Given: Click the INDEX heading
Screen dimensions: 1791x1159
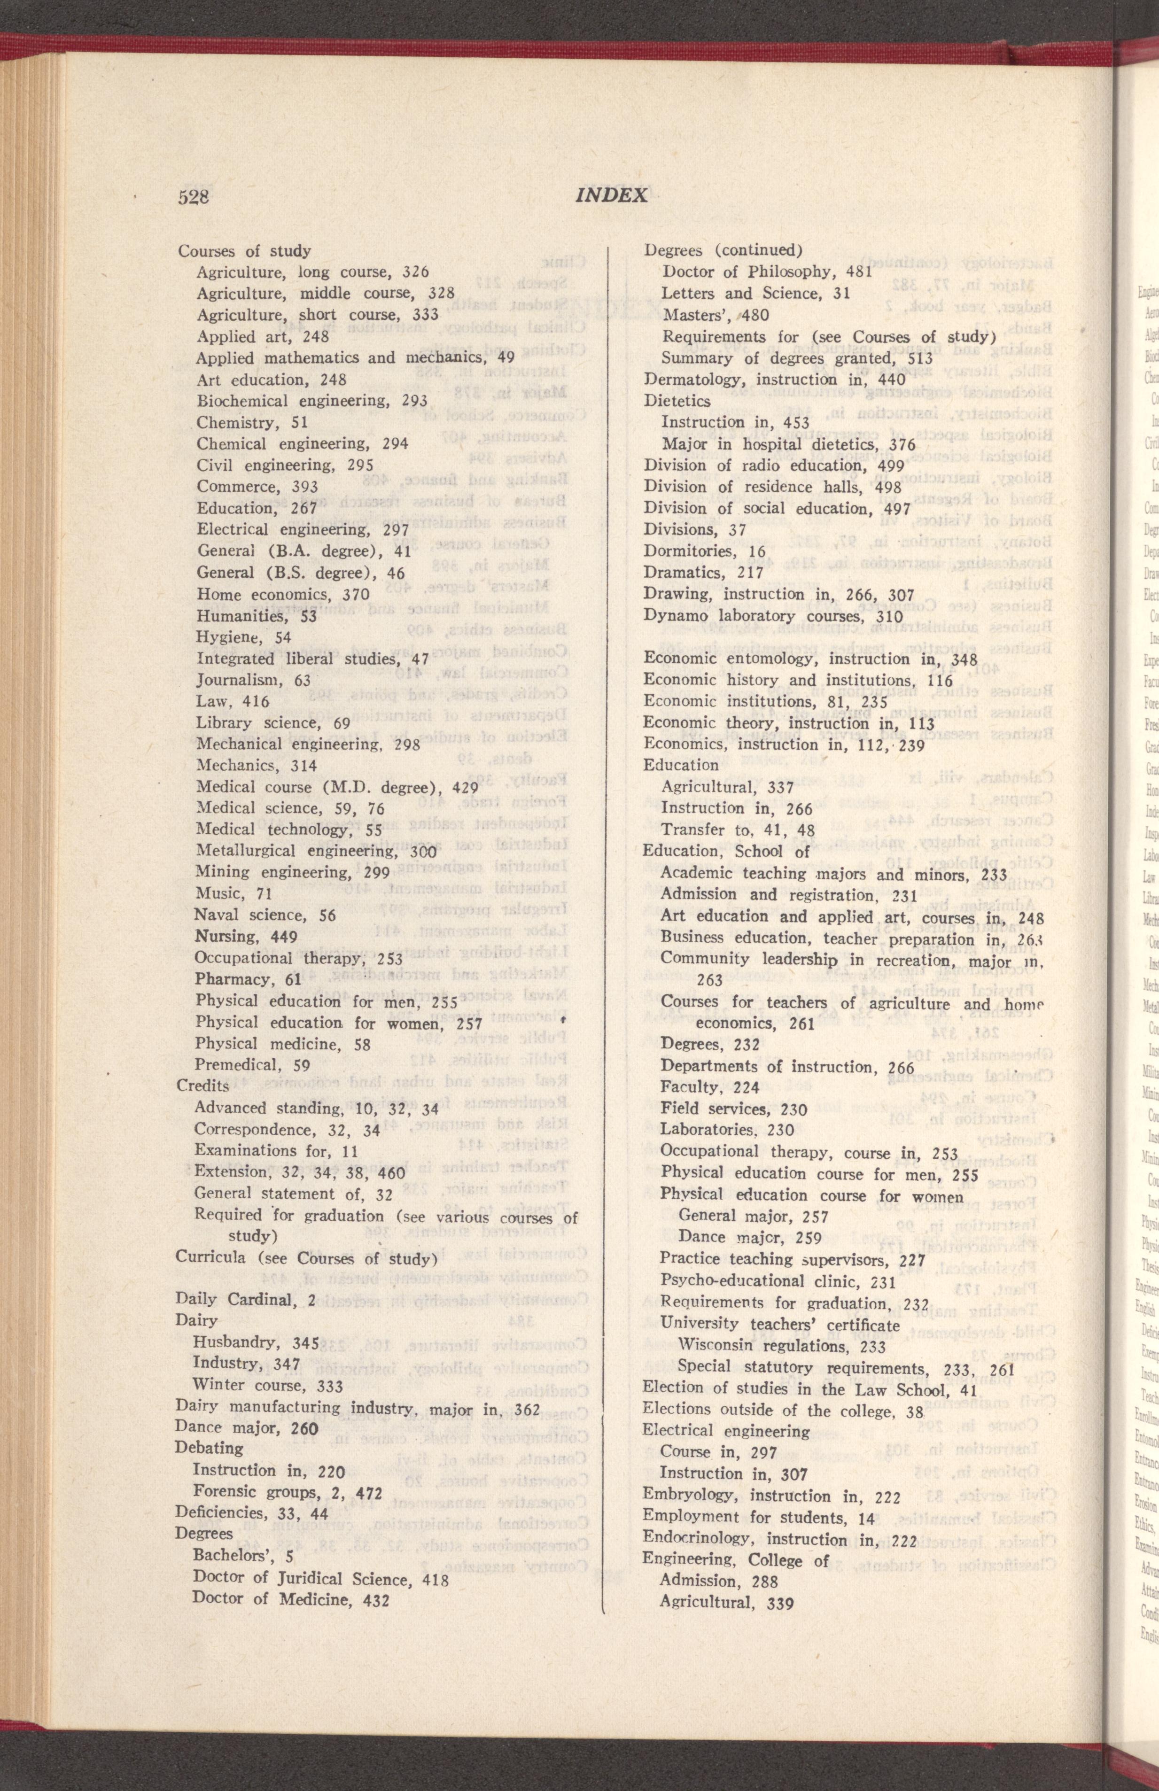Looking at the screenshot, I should tap(611, 196).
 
